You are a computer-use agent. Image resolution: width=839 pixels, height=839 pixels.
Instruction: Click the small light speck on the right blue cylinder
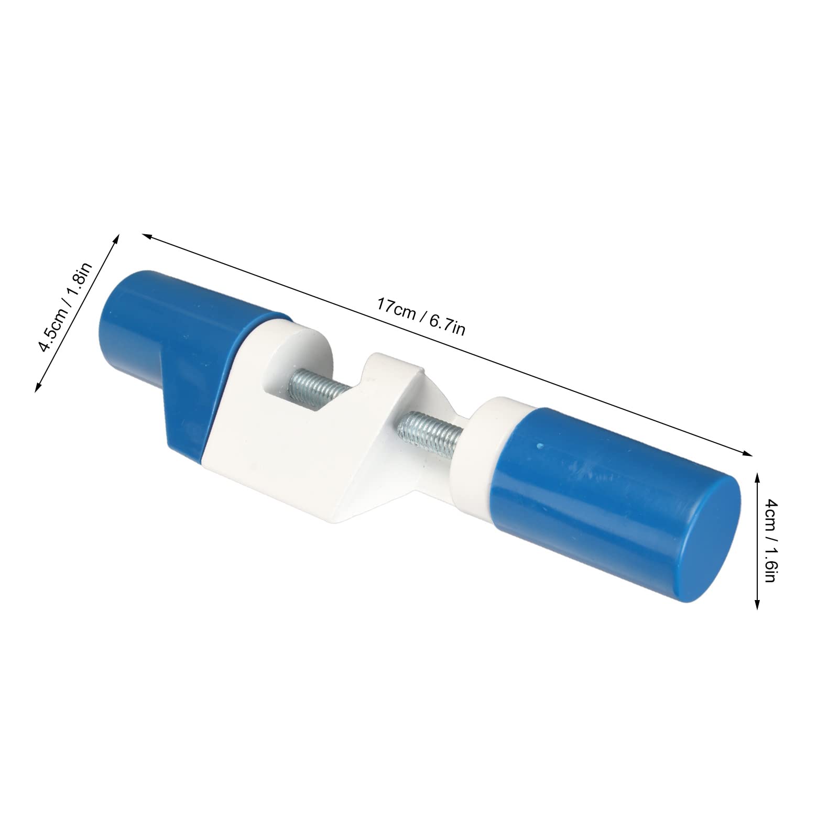click(539, 445)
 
